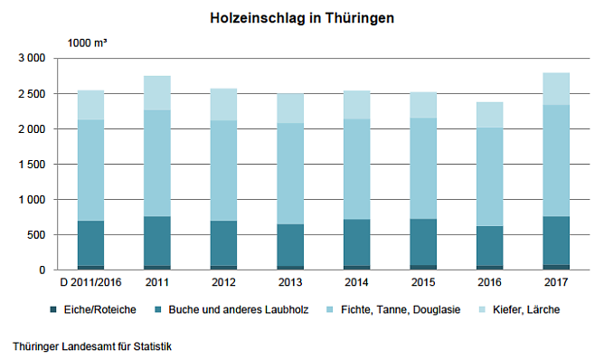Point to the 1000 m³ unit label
tap(88, 42)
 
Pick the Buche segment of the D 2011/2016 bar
tap(90, 242)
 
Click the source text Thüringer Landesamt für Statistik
tap(93, 346)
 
